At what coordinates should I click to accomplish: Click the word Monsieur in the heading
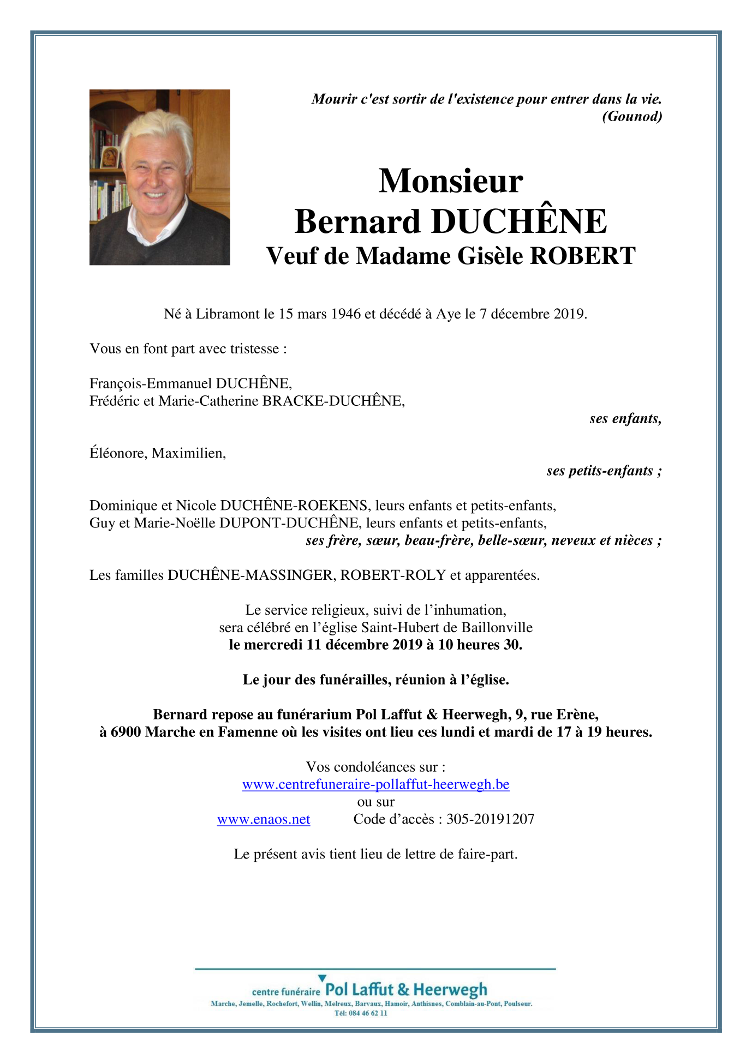coord(451,181)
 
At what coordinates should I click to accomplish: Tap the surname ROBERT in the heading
coord(583,256)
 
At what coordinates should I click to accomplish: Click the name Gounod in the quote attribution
coord(632,116)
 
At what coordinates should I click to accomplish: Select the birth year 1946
coord(345,314)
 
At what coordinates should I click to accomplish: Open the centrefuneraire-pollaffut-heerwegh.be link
coord(375,784)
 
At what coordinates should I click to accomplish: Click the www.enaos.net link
coord(264,819)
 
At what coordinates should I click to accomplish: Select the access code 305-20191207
coord(490,819)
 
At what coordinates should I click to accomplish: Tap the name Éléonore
coord(117,453)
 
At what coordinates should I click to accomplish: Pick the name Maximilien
coord(188,453)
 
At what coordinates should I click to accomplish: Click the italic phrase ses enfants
coord(625,418)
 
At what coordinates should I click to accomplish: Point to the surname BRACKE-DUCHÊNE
coord(333,401)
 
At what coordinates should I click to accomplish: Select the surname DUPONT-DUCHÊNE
coord(289,523)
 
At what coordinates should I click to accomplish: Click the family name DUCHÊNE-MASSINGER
coord(250,575)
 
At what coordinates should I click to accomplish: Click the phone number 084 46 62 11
coord(367,1013)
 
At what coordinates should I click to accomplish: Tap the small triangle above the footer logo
coord(322,978)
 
